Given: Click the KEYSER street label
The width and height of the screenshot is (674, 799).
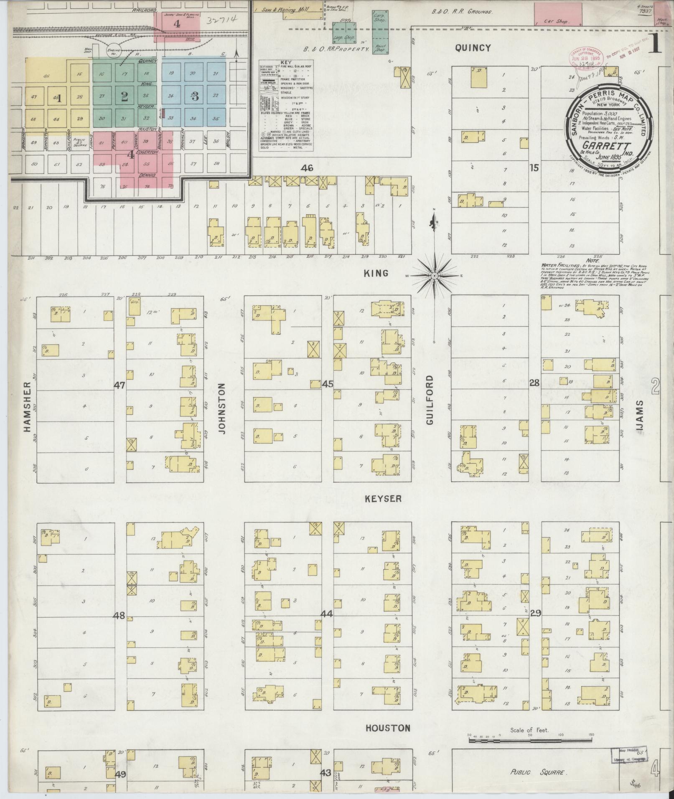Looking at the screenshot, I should pos(383,499).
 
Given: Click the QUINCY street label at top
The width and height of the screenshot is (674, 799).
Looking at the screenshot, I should pos(473,48).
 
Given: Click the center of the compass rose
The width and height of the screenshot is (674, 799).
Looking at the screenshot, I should pos(434,276).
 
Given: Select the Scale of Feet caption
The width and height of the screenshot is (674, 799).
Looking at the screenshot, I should pos(529,731).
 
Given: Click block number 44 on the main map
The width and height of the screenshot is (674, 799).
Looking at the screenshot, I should pos(327,614).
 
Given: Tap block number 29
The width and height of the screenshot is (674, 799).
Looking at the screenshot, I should pos(536,613).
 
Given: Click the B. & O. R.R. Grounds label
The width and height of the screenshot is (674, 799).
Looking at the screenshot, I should pos(462,12).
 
